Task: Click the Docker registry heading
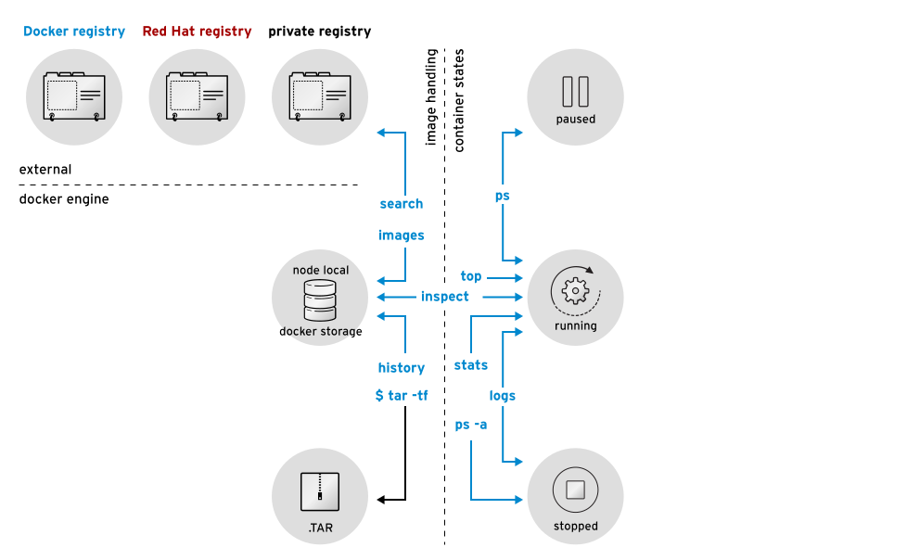click(x=74, y=32)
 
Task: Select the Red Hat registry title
click(x=197, y=32)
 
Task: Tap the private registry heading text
click(x=319, y=32)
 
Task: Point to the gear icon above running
click(x=575, y=291)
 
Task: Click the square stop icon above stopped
click(x=575, y=490)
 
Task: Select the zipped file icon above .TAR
click(x=320, y=491)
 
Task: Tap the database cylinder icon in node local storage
click(x=320, y=299)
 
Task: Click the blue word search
click(x=402, y=204)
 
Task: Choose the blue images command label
click(x=402, y=235)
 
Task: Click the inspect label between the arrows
click(x=445, y=297)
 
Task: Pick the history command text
click(x=402, y=368)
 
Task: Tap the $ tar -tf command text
click(x=402, y=396)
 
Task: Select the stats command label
click(x=471, y=365)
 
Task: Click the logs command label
click(x=503, y=396)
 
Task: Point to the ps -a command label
click(x=471, y=425)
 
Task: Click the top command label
click(x=471, y=276)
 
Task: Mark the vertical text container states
click(x=459, y=100)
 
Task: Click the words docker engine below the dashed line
click(x=64, y=199)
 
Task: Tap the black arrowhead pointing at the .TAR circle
click(x=381, y=501)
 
